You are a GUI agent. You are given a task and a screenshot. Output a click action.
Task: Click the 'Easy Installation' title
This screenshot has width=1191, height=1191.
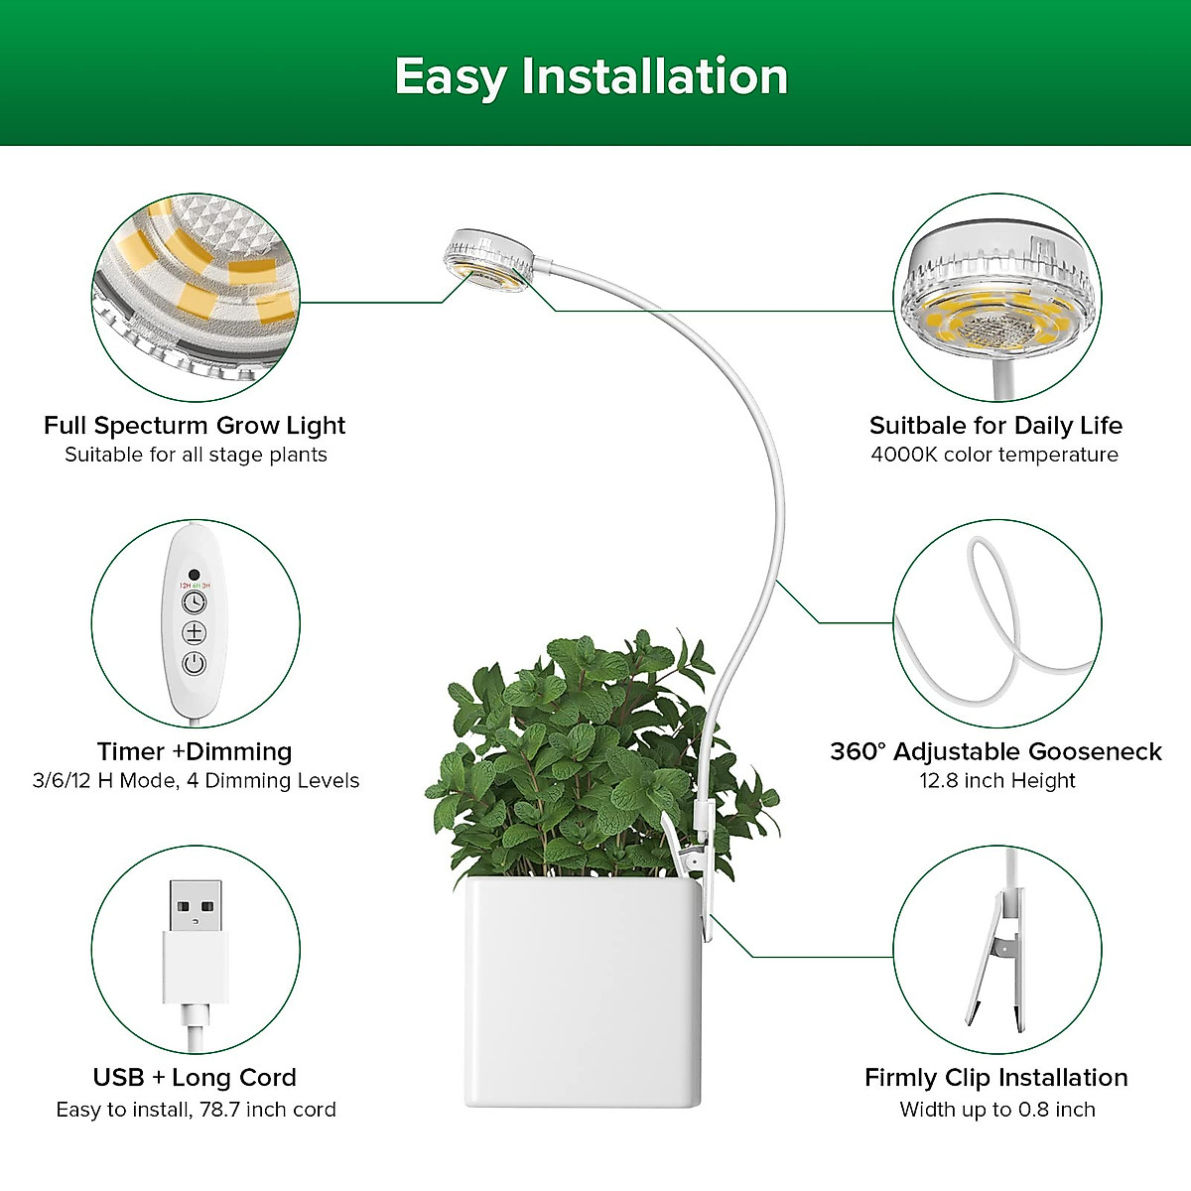click(592, 76)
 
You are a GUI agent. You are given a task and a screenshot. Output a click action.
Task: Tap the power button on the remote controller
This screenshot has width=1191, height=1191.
click(195, 664)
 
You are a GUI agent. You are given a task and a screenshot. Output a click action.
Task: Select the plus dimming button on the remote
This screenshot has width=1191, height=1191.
click(195, 632)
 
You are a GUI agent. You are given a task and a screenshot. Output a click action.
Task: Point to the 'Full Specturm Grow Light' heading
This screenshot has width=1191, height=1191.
click(195, 426)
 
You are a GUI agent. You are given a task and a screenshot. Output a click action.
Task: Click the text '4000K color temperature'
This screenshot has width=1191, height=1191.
click(994, 455)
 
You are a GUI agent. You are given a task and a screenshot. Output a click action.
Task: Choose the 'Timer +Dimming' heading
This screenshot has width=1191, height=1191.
click(195, 751)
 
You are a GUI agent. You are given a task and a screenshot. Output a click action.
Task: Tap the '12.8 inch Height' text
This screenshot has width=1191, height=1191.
click(996, 781)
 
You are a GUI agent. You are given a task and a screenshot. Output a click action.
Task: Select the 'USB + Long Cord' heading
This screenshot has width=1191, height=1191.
click(195, 1077)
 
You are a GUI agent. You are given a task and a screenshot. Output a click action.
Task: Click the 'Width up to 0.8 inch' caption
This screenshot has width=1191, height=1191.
click(996, 1110)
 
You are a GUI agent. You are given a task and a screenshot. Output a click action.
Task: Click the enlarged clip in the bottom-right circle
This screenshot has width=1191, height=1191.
click(996, 958)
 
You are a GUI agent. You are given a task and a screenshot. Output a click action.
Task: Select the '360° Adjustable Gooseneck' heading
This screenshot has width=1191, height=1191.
click(995, 751)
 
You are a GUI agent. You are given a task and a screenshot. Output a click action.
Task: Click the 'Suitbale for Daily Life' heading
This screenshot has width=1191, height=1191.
click(995, 426)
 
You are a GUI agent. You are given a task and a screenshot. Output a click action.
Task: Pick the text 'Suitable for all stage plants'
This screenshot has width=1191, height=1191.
click(196, 455)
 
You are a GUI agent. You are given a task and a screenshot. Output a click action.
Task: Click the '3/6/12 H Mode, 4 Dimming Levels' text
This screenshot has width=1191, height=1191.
click(196, 781)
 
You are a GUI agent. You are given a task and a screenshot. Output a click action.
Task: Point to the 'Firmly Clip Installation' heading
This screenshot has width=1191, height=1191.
click(995, 1077)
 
